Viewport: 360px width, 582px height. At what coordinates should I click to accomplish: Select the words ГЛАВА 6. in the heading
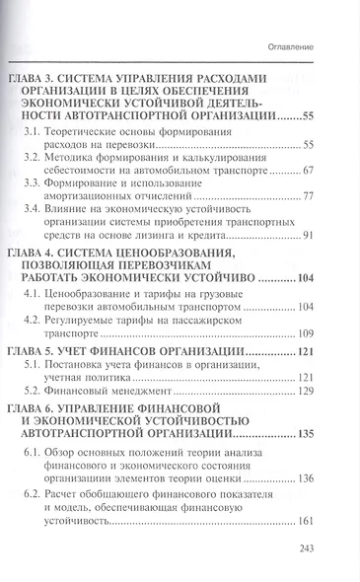[x=33, y=406]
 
